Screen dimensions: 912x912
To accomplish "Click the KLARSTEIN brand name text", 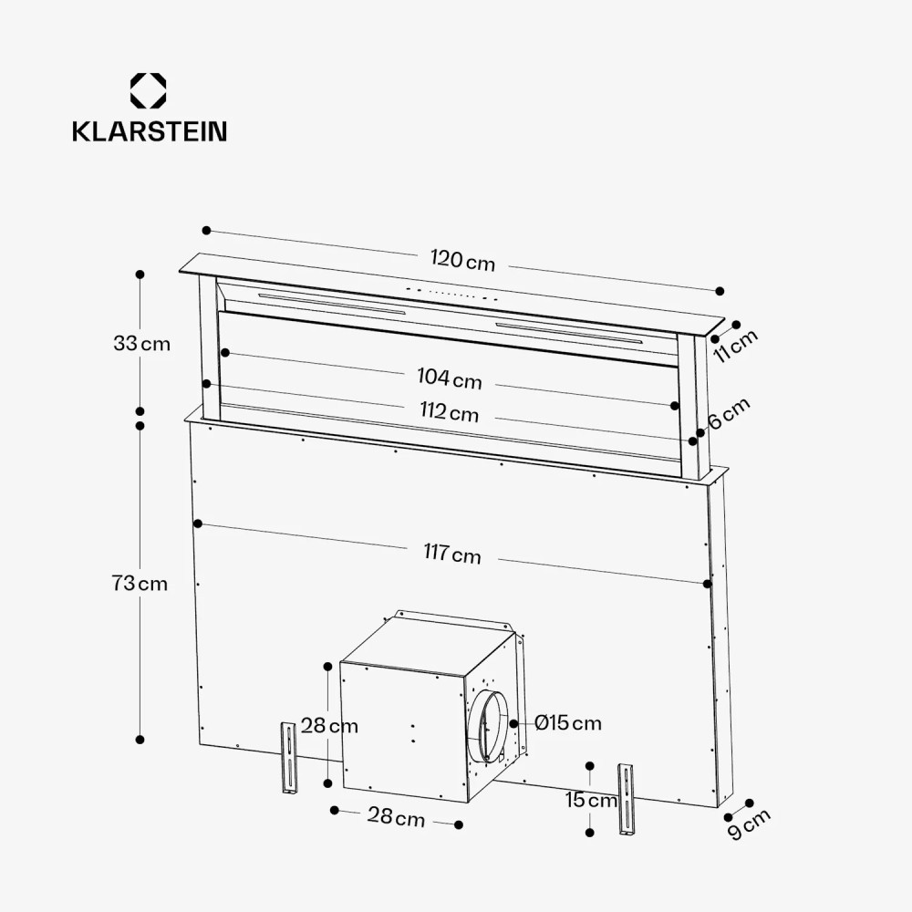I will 150,131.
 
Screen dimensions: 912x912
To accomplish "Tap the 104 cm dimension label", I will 450,378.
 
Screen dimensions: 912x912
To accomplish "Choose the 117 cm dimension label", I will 451,554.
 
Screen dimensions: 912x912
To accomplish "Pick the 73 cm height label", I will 140,584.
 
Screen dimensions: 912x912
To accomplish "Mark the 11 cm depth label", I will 735,346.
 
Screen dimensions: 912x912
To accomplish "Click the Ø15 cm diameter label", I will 568,723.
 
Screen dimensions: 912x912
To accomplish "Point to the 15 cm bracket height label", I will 590,801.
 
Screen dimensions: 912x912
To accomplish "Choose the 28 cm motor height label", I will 329,726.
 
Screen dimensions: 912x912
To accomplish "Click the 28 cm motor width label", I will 396,816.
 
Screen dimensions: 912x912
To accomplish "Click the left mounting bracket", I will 288,759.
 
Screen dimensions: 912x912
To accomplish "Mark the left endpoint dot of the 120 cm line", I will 207,231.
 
